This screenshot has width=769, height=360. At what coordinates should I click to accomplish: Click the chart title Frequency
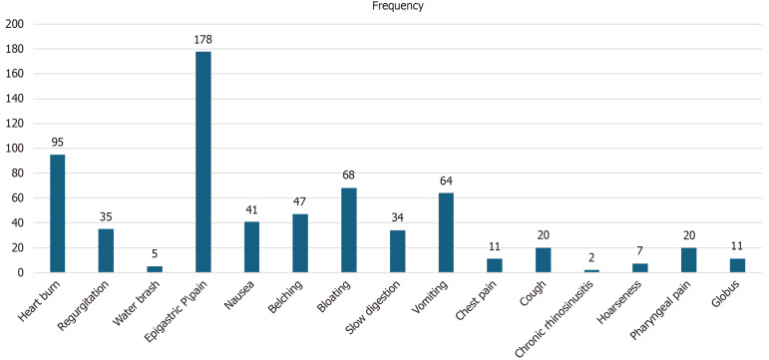pyautogui.click(x=398, y=6)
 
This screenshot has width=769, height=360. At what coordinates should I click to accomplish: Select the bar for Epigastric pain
pyautogui.click(x=203, y=162)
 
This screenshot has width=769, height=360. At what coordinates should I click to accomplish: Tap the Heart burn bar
pyautogui.click(x=58, y=213)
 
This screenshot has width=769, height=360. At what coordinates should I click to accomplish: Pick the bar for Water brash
pyautogui.click(x=155, y=269)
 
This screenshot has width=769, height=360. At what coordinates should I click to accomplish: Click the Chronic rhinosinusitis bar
pyautogui.click(x=591, y=271)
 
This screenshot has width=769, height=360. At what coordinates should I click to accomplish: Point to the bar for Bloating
pyautogui.click(x=349, y=230)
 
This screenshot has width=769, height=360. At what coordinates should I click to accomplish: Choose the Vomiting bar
pyautogui.click(x=446, y=232)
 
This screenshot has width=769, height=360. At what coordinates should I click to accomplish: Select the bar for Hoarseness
pyautogui.click(x=640, y=268)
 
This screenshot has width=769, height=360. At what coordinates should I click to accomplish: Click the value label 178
pyautogui.click(x=203, y=40)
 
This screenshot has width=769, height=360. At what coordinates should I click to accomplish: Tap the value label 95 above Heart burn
pyautogui.click(x=58, y=143)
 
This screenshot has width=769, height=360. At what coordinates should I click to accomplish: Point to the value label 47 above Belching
pyautogui.click(x=300, y=202)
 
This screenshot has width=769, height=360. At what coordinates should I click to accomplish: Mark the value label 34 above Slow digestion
pyautogui.click(x=398, y=218)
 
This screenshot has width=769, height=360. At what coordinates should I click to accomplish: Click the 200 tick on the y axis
pyautogui.click(x=14, y=24)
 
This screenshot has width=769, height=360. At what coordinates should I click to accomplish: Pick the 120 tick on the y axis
pyautogui.click(x=14, y=124)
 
